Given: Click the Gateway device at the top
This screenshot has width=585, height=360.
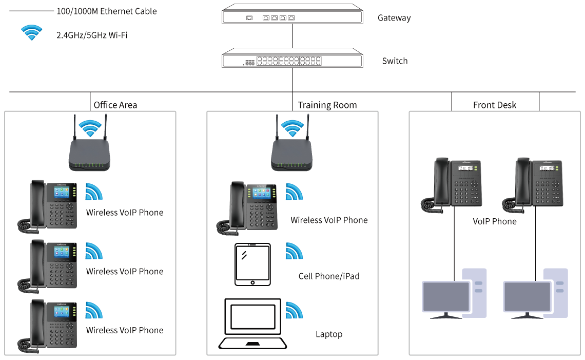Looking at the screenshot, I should point(292,14).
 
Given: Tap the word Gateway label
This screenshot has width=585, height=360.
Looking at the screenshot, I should point(394,18).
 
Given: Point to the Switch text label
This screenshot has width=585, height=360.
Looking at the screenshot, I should point(395,61).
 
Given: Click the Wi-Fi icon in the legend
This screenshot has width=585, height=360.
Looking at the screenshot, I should point(31,33).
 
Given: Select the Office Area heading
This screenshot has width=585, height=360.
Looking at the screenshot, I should point(115,105).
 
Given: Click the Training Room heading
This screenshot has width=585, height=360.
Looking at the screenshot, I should point(327,105).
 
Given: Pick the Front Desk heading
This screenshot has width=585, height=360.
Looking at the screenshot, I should point(495,105).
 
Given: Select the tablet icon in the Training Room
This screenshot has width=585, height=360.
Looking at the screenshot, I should point(252,264).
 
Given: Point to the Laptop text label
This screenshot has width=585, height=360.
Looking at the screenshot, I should point(329,334).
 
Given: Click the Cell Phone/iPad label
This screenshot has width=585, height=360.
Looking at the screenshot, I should point(329,276).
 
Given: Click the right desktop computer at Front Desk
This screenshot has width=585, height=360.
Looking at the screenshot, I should point(536,293).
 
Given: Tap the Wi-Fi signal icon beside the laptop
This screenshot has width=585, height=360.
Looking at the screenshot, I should point(294,310).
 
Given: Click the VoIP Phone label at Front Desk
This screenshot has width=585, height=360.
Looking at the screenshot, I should point(495,221).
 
